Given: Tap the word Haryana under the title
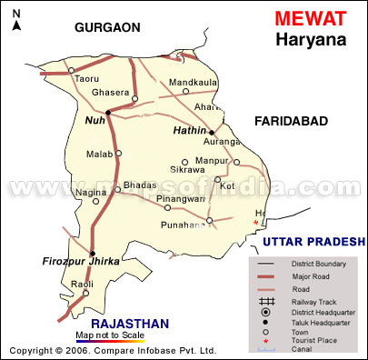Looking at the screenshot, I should [x=308, y=39].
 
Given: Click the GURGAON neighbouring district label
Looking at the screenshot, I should [x=108, y=27].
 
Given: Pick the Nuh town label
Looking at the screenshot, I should [x=94, y=119].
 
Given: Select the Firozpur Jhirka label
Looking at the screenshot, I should [x=81, y=262].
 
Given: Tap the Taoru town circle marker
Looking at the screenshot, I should [x=73, y=69].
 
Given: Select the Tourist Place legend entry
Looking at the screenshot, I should [x=314, y=340].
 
